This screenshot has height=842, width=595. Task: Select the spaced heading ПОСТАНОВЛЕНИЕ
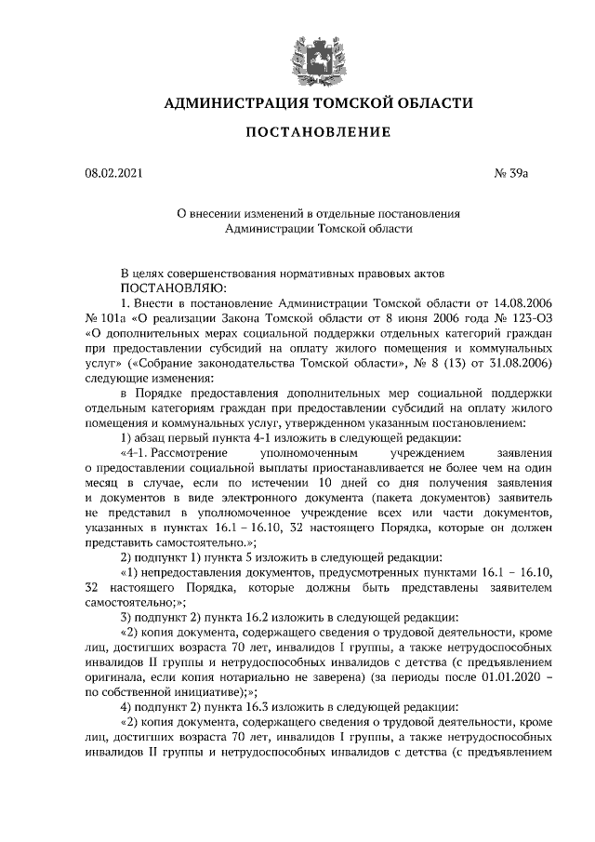[318, 133]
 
